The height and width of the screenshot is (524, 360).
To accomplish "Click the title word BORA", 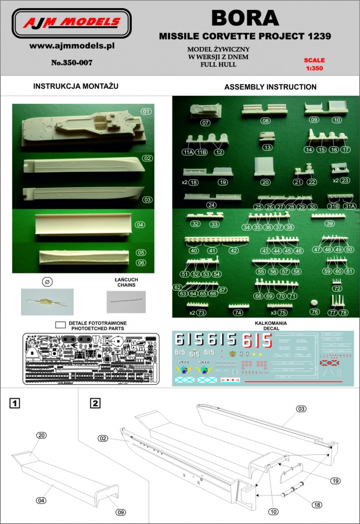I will pyautogui.click(x=244, y=18).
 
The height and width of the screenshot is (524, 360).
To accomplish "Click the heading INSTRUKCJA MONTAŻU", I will pyautogui.click(x=76, y=86).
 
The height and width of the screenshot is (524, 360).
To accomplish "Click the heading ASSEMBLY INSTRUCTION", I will pyautogui.click(x=270, y=87).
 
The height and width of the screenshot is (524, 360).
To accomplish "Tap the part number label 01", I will pyautogui.click(x=146, y=111).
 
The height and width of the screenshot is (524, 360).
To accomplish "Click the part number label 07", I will pyautogui.click(x=206, y=123).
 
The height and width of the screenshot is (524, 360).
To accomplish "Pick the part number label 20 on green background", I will pyautogui.click(x=266, y=182).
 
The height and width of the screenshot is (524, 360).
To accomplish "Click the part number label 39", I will pyautogui.click(x=329, y=223).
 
